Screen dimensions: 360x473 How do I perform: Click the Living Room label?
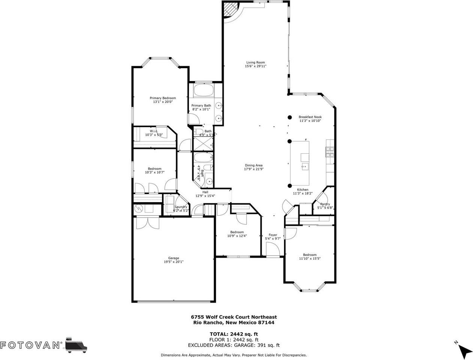pyautogui.click(x=255, y=63)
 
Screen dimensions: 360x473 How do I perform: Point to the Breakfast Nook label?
pyautogui.click(x=310, y=117)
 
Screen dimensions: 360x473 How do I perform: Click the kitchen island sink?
pyautogui.click(x=304, y=166)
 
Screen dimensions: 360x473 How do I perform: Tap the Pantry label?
pyautogui.click(x=325, y=204)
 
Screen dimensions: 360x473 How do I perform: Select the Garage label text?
pyautogui.click(x=173, y=258)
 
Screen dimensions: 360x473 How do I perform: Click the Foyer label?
pyautogui.click(x=272, y=235)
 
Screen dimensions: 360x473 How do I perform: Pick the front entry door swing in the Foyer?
pyautogui.click(x=273, y=249)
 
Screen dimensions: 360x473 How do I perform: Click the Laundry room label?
pyautogui.click(x=181, y=207)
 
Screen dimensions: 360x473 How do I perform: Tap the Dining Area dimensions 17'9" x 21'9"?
pyautogui.click(x=253, y=169)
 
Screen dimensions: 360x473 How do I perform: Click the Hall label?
pyautogui.click(x=205, y=192)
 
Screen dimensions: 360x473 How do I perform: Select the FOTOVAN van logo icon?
pyautogui.click(x=76, y=344)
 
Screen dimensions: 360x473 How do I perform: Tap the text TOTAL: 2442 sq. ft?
pyautogui.click(x=234, y=334)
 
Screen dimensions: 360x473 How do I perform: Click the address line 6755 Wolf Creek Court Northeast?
pyautogui.click(x=234, y=317)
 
